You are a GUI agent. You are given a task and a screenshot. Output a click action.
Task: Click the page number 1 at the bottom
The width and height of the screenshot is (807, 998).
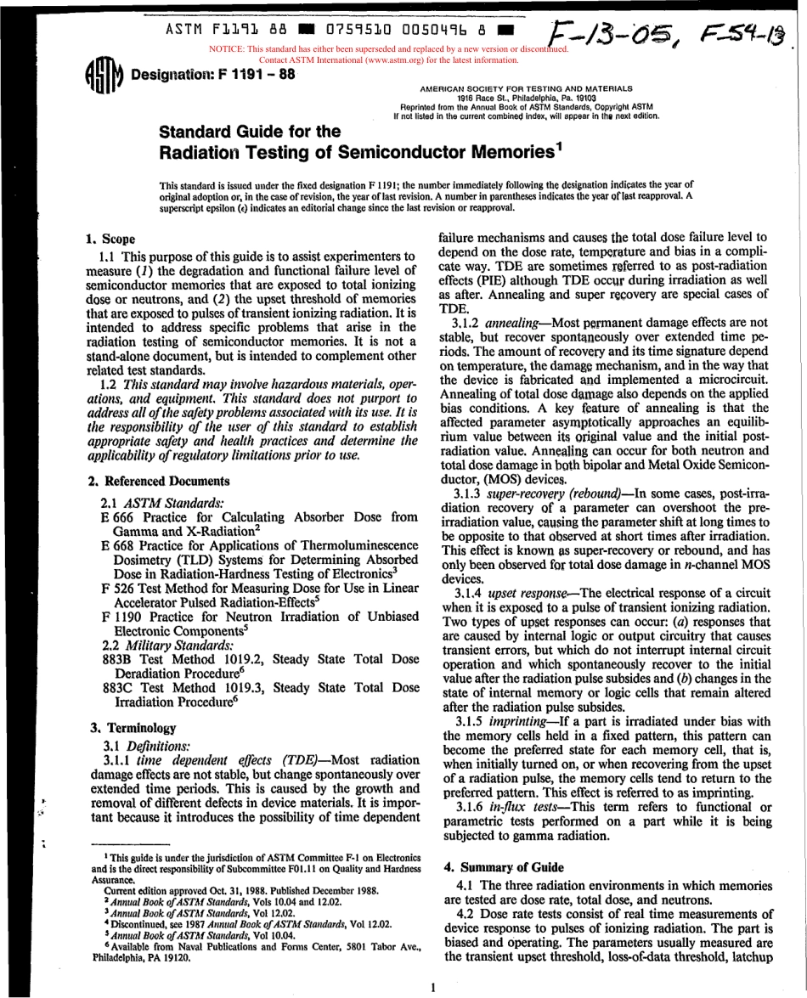tap(432, 987)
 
